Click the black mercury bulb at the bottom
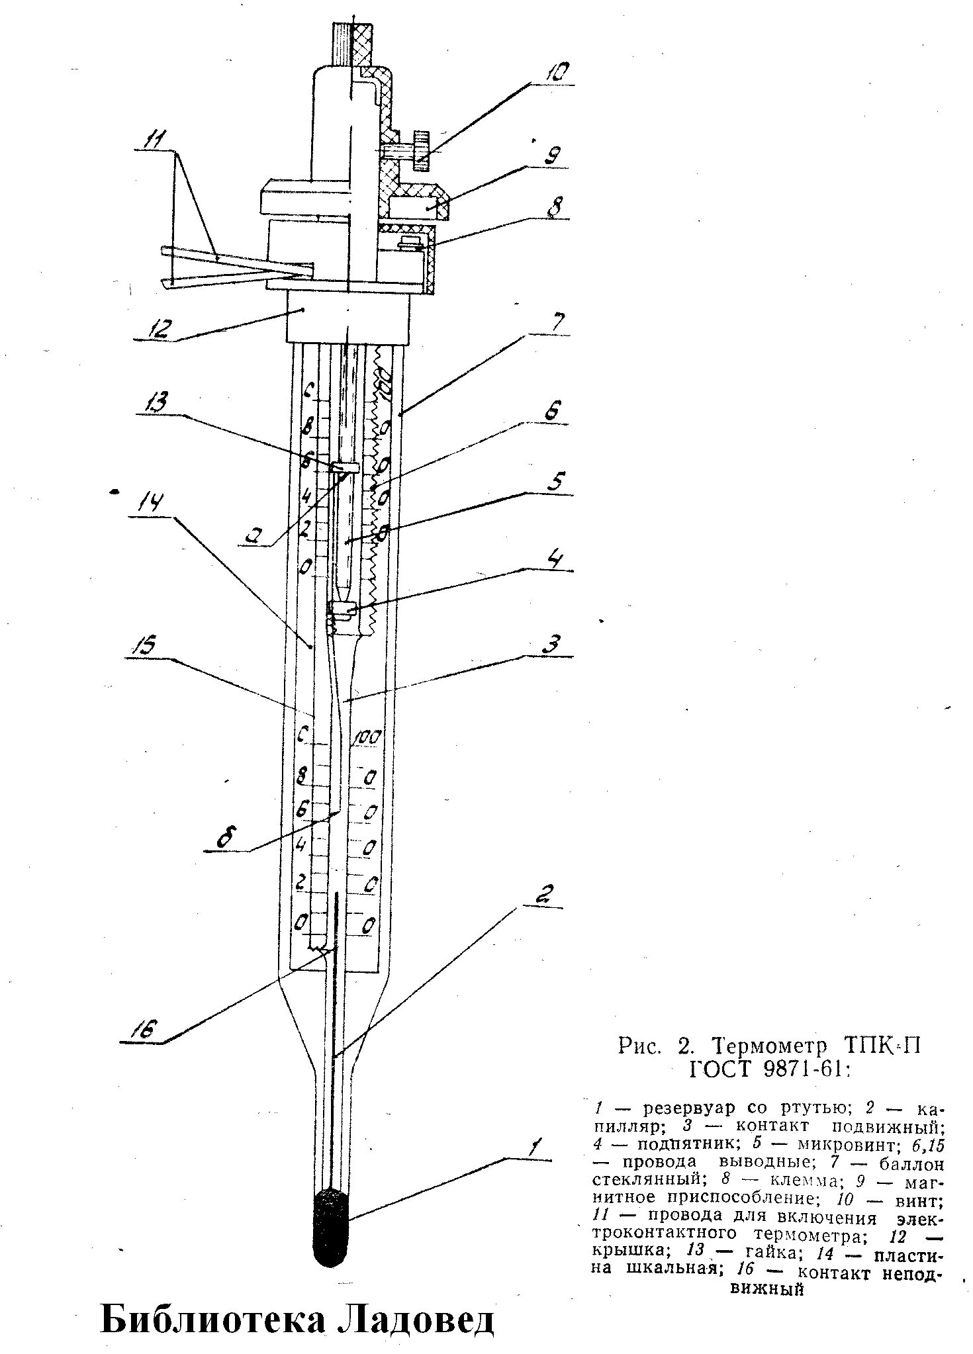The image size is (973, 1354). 331,1226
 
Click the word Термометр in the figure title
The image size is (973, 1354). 770,1046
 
